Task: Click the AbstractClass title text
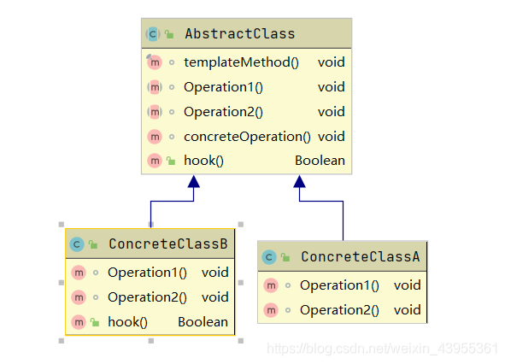(240, 34)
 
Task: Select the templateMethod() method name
(241, 62)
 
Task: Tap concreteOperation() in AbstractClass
(247, 137)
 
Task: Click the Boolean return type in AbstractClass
(320, 161)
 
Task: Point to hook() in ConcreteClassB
(127, 322)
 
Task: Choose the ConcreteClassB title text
(168, 244)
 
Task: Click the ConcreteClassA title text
(361, 256)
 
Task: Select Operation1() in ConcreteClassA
(339, 285)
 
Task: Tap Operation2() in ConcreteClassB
(147, 297)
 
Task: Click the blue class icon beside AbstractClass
(153, 34)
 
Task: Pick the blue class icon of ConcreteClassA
(269, 257)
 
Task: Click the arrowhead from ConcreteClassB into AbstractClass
(194, 181)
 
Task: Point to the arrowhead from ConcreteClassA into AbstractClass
(300, 181)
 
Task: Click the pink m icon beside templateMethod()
(155, 62)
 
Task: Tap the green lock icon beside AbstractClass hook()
(171, 161)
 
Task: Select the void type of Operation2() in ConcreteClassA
(407, 310)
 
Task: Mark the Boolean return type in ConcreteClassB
(203, 322)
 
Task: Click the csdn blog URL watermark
(383, 349)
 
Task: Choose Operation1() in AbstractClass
(223, 87)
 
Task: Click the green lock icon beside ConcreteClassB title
(93, 244)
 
